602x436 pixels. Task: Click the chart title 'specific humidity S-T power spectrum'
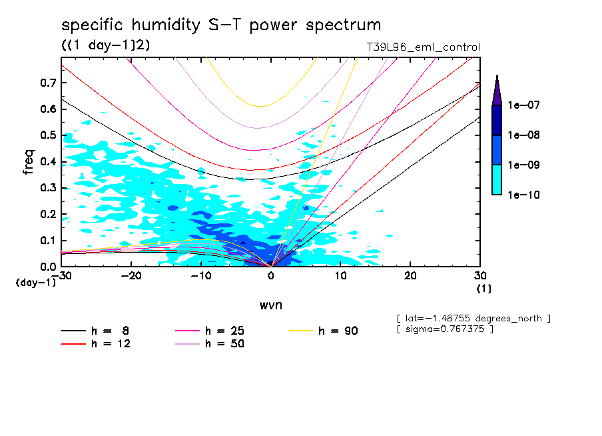pos(221,25)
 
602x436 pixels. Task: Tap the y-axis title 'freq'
pos(29,162)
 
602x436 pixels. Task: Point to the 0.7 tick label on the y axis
pos(47,83)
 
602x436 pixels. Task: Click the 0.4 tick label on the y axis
pos(47,161)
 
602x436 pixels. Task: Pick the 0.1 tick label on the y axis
pos(47,240)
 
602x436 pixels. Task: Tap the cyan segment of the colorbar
pos(497,179)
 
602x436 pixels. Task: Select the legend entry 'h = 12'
pos(100,344)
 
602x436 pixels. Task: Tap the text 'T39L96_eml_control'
pos(418,47)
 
